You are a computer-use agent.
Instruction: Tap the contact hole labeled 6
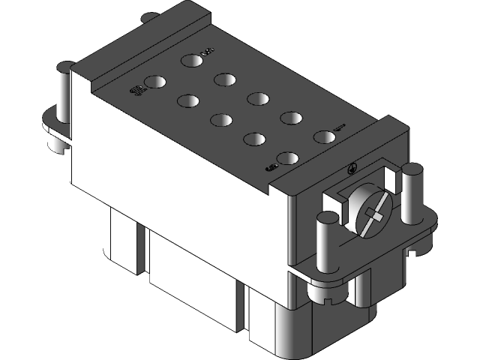pos(288,158)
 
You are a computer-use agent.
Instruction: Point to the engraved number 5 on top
pos(208,51)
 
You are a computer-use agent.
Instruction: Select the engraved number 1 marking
pos(340,126)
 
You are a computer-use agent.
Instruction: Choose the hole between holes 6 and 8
pos(255,139)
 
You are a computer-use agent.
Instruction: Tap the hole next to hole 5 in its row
pos(224,79)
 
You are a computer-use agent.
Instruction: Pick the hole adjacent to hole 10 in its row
pos(187,100)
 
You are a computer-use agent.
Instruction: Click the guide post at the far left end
pos(64,97)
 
